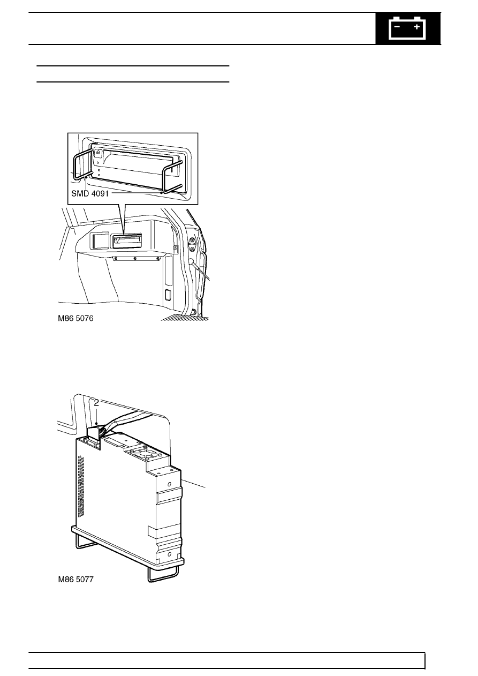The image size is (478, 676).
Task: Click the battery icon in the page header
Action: coord(408,28)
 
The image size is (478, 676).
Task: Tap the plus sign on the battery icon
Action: coord(416,27)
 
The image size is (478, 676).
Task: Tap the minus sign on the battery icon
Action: coord(397,27)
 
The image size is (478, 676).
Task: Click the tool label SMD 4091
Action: coord(90,193)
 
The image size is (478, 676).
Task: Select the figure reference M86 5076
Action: coord(75,318)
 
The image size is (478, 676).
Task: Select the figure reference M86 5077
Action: coord(75,580)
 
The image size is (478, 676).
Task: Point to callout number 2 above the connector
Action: coord(96,403)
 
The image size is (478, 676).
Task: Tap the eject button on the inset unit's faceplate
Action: coord(97,153)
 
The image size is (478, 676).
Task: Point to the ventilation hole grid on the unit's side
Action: coord(81,486)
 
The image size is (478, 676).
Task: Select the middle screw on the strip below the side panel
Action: coord(135,258)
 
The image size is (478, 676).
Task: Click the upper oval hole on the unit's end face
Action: coord(169,484)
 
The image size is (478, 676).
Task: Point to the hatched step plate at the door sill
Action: coord(185,317)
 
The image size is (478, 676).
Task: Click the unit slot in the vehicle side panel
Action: coord(127,241)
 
